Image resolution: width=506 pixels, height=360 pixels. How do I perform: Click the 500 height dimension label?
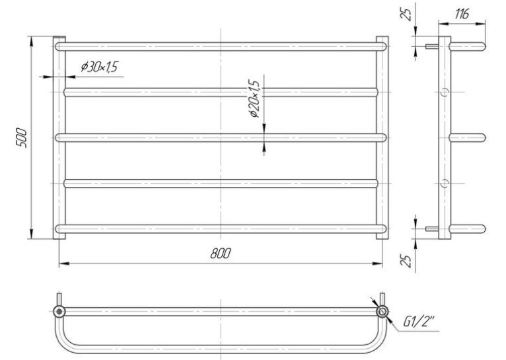[x=22, y=138]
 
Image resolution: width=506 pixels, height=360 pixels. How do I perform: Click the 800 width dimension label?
[x=221, y=253]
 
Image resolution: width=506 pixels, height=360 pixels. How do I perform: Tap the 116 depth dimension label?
[x=462, y=14]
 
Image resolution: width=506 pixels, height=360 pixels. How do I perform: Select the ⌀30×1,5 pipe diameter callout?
[x=100, y=67]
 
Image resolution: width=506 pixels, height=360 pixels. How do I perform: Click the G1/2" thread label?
[x=419, y=322]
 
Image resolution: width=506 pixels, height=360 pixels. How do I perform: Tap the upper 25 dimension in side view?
[x=408, y=14]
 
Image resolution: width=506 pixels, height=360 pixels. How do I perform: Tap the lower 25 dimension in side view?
[x=408, y=261]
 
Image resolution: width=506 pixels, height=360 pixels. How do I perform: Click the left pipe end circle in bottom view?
[x=59, y=312]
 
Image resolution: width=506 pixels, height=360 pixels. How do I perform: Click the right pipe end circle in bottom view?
[x=382, y=312]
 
